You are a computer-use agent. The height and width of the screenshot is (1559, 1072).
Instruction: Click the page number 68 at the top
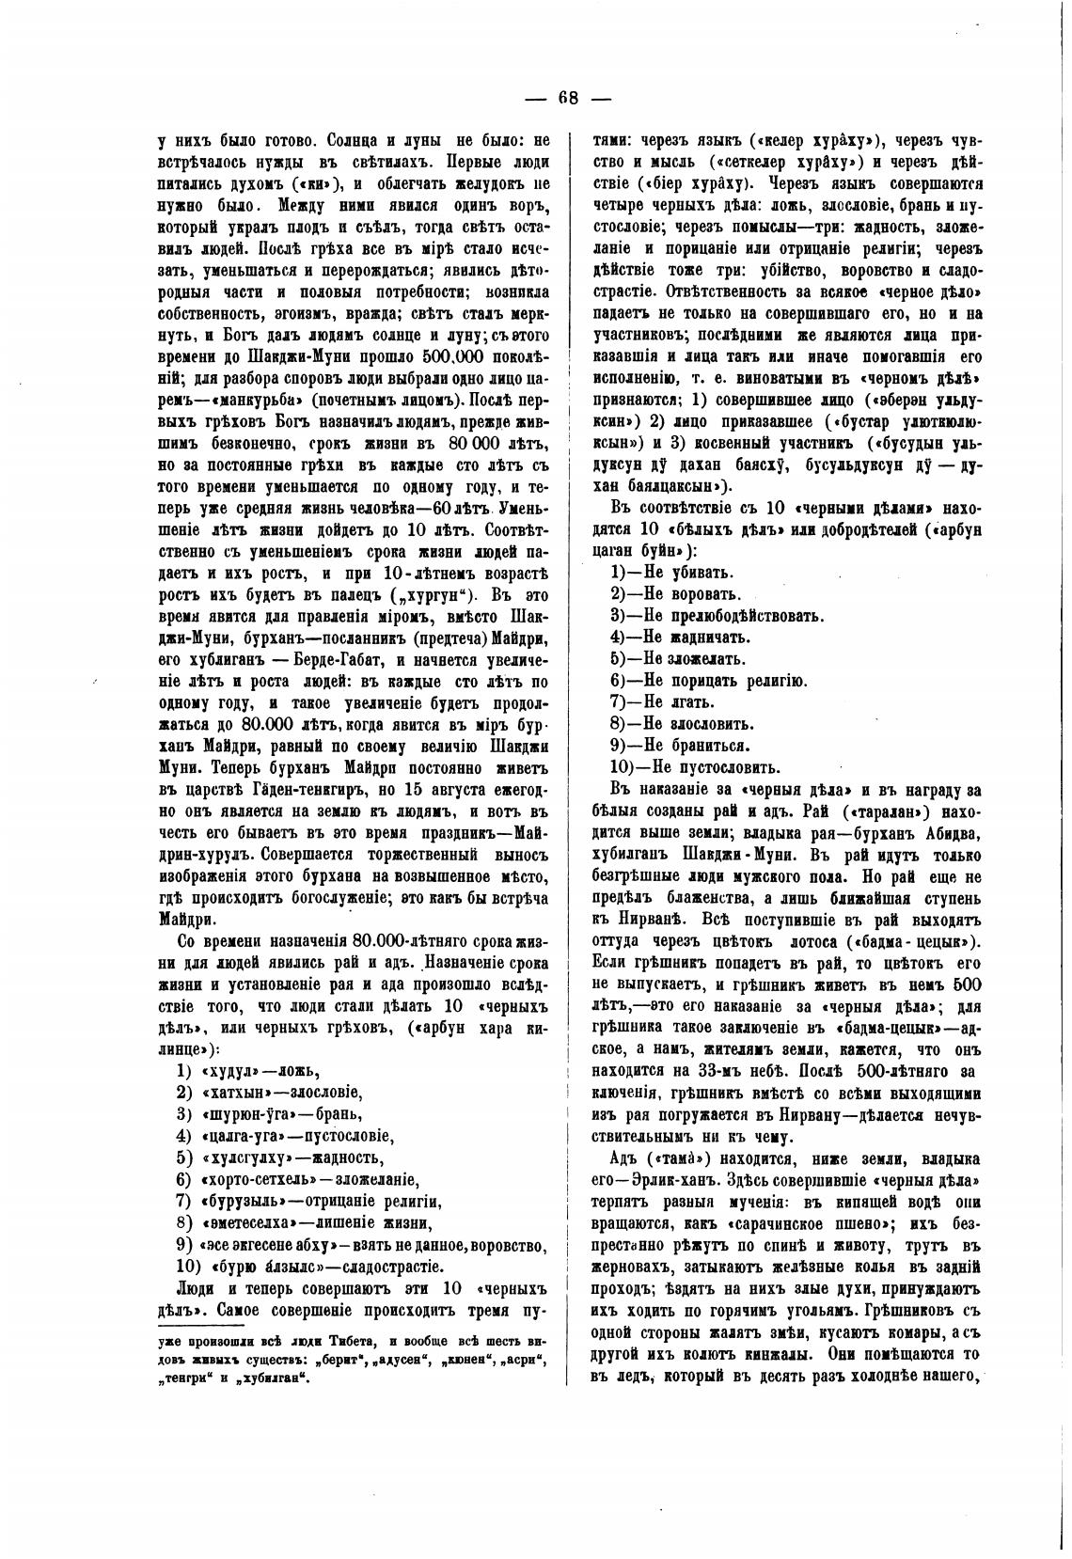click(569, 99)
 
